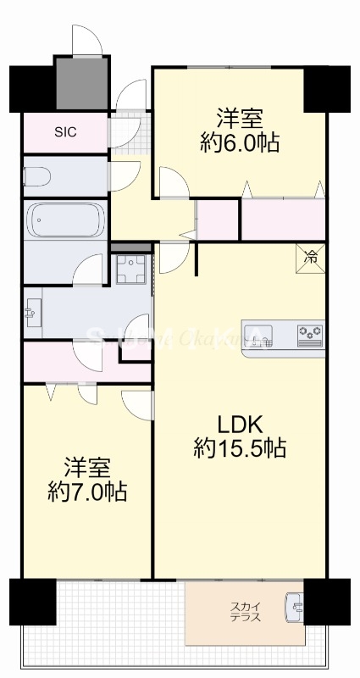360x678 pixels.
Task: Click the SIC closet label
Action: click(65, 132)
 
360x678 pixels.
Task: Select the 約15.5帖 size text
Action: click(240, 447)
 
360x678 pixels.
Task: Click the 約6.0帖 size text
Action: click(241, 142)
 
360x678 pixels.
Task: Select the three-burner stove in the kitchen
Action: click(310, 336)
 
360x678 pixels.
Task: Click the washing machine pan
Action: click(131, 271)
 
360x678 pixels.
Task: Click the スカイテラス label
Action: click(245, 613)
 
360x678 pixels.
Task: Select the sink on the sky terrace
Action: click(295, 607)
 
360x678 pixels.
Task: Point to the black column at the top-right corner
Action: click(326, 87)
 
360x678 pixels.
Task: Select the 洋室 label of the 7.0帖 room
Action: click(86, 467)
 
